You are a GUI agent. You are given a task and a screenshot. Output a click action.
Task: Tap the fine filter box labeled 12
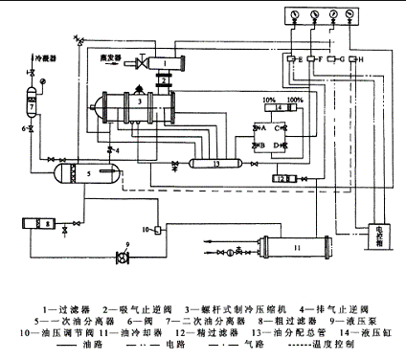tap(282, 178)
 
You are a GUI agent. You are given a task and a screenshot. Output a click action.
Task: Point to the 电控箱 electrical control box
tap(381, 236)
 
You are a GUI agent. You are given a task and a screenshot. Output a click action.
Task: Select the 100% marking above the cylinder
tap(293, 100)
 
